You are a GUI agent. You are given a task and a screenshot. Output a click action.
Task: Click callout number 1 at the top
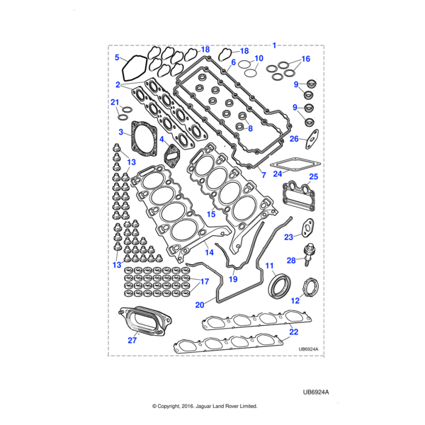(276, 45)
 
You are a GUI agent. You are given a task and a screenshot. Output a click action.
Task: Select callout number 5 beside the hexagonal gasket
(118, 57)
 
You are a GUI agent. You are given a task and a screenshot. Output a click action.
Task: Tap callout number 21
(115, 103)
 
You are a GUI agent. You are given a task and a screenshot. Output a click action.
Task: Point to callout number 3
(122, 132)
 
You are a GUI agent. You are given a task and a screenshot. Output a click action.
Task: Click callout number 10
(259, 58)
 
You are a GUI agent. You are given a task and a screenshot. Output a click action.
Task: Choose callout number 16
(306, 59)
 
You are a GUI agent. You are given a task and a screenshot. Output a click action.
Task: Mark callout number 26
(294, 140)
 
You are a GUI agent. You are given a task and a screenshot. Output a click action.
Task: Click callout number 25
(314, 177)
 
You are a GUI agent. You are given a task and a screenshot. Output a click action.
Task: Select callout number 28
(291, 261)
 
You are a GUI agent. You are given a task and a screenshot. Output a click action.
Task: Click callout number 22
(294, 331)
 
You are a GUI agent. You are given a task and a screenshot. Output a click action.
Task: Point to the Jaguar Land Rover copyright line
(205, 407)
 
